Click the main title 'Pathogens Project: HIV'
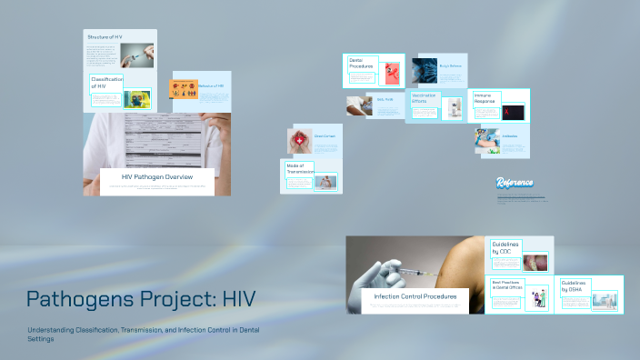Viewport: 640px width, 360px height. [141, 299]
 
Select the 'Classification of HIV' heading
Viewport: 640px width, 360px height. [105, 84]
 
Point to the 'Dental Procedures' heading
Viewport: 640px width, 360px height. [362, 64]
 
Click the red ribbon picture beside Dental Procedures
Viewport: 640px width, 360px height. [391, 73]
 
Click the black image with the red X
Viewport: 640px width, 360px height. [514, 113]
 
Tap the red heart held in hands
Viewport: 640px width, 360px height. [301, 141]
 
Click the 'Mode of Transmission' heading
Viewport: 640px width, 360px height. [300, 168]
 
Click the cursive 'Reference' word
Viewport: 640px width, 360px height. [515, 182]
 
